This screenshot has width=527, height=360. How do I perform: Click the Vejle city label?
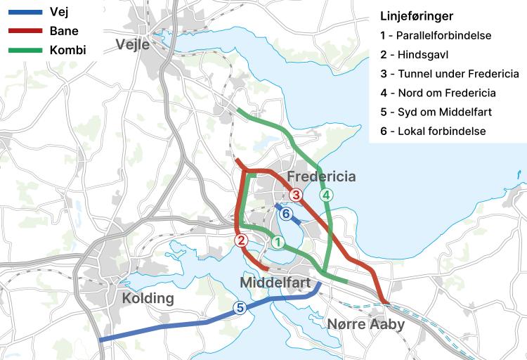click(x=133, y=46)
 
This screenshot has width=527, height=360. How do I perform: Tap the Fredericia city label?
click(x=321, y=176)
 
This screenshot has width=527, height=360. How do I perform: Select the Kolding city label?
click(x=148, y=298)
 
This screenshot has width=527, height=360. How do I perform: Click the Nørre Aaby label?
click(x=365, y=324)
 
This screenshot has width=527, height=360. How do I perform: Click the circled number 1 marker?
click(x=278, y=243)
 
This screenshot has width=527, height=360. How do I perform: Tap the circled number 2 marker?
click(x=242, y=241)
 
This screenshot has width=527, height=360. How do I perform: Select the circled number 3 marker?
click(x=296, y=195)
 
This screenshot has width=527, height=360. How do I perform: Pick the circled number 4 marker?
click(x=325, y=195)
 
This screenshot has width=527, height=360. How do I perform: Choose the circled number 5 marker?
click(x=240, y=307)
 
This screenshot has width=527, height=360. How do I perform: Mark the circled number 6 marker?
click(x=285, y=214)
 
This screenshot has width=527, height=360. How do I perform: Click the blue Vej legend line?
click(x=22, y=13)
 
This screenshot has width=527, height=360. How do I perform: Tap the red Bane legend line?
click(x=22, y=32)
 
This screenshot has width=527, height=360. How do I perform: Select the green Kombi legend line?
click(x=22, y=51)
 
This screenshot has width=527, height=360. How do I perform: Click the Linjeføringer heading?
click(x=416, y=16)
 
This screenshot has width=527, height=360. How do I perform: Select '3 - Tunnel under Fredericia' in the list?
click(x=449, y=73)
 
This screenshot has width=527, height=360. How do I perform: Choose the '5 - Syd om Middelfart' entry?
click(x=435, y=112)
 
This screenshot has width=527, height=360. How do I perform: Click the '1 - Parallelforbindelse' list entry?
click(x=435, y=35)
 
